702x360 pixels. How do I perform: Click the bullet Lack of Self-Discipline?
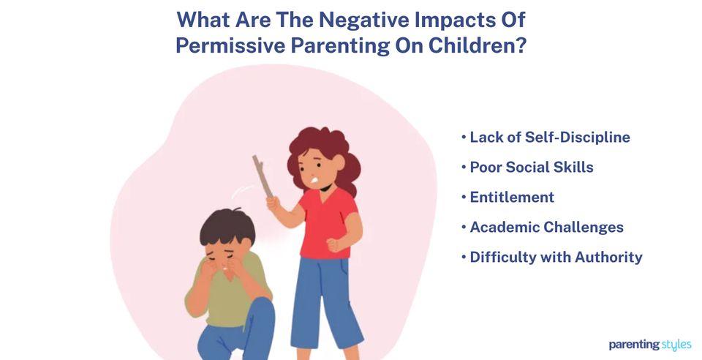pos(546,137)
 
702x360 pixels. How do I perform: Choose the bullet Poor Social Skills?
pos(527,167)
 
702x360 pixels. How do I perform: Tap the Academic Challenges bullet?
pos(543,227)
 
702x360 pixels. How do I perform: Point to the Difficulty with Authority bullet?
pos(552,257)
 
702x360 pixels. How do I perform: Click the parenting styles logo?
pos(649,345)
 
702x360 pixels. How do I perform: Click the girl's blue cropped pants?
pos(325,300)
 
